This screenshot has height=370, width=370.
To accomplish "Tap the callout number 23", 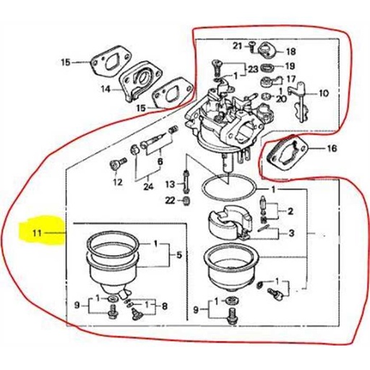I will click(x=251, y=70).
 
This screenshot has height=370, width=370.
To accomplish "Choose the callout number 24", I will click(x=148, y=187).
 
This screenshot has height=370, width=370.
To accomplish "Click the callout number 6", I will click(x=160, y=161).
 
